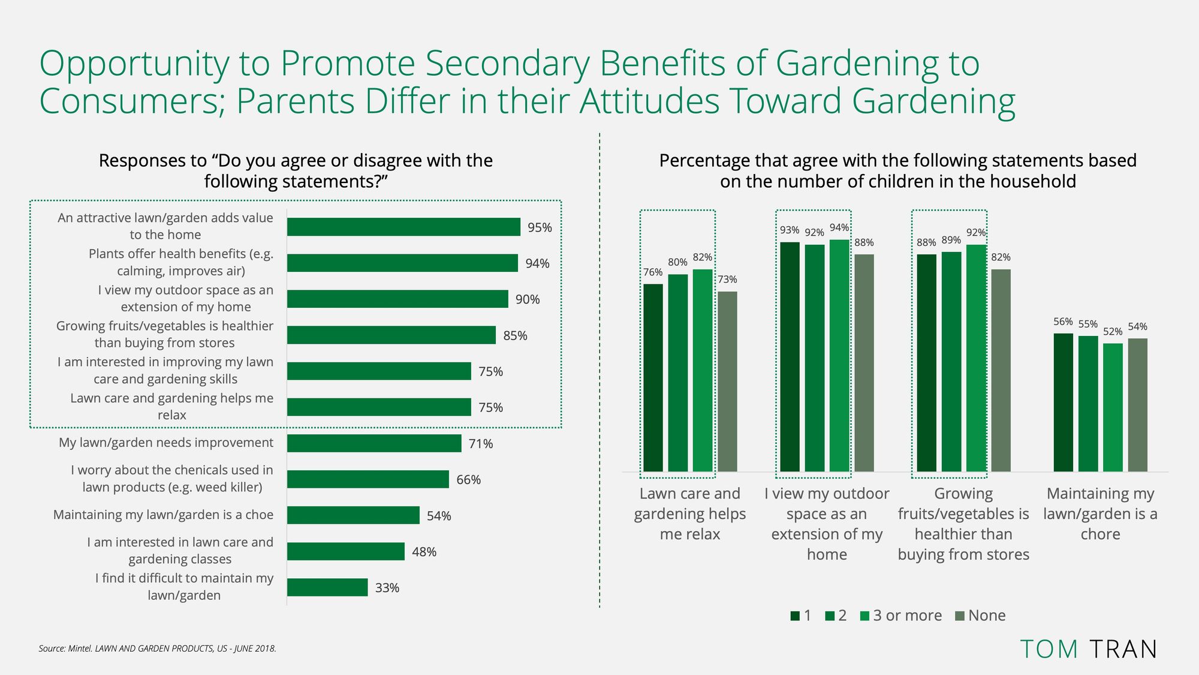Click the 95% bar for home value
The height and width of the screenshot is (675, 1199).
coord(403,227)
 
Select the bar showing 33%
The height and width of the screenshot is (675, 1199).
coord(327,587)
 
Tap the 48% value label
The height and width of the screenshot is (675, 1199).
coord(424,552)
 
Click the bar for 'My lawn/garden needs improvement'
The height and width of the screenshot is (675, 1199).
coord(374,443)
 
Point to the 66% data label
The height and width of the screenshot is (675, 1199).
coord(468,480)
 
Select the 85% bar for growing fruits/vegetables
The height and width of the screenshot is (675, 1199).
coord(391,335)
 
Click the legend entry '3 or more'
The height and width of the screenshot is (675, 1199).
coord(901,616)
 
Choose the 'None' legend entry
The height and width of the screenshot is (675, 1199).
coord(980,616)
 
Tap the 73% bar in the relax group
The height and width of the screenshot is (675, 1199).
coord(727,382)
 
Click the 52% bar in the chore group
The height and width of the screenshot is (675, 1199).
coord(1113,407)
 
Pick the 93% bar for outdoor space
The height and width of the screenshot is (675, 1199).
coord(790,357)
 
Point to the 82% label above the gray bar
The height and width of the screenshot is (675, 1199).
coord(1001,257)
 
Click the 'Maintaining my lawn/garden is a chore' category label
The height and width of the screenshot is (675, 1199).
coord(1100,514)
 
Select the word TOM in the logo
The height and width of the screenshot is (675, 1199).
coord(1049,649)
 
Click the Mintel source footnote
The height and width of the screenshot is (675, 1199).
coord(158,649)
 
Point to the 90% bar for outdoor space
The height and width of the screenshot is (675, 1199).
coord(397,299)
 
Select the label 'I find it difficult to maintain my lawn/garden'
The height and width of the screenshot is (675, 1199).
coord(184,587)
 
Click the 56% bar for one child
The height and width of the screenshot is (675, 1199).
coord(1064,403)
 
